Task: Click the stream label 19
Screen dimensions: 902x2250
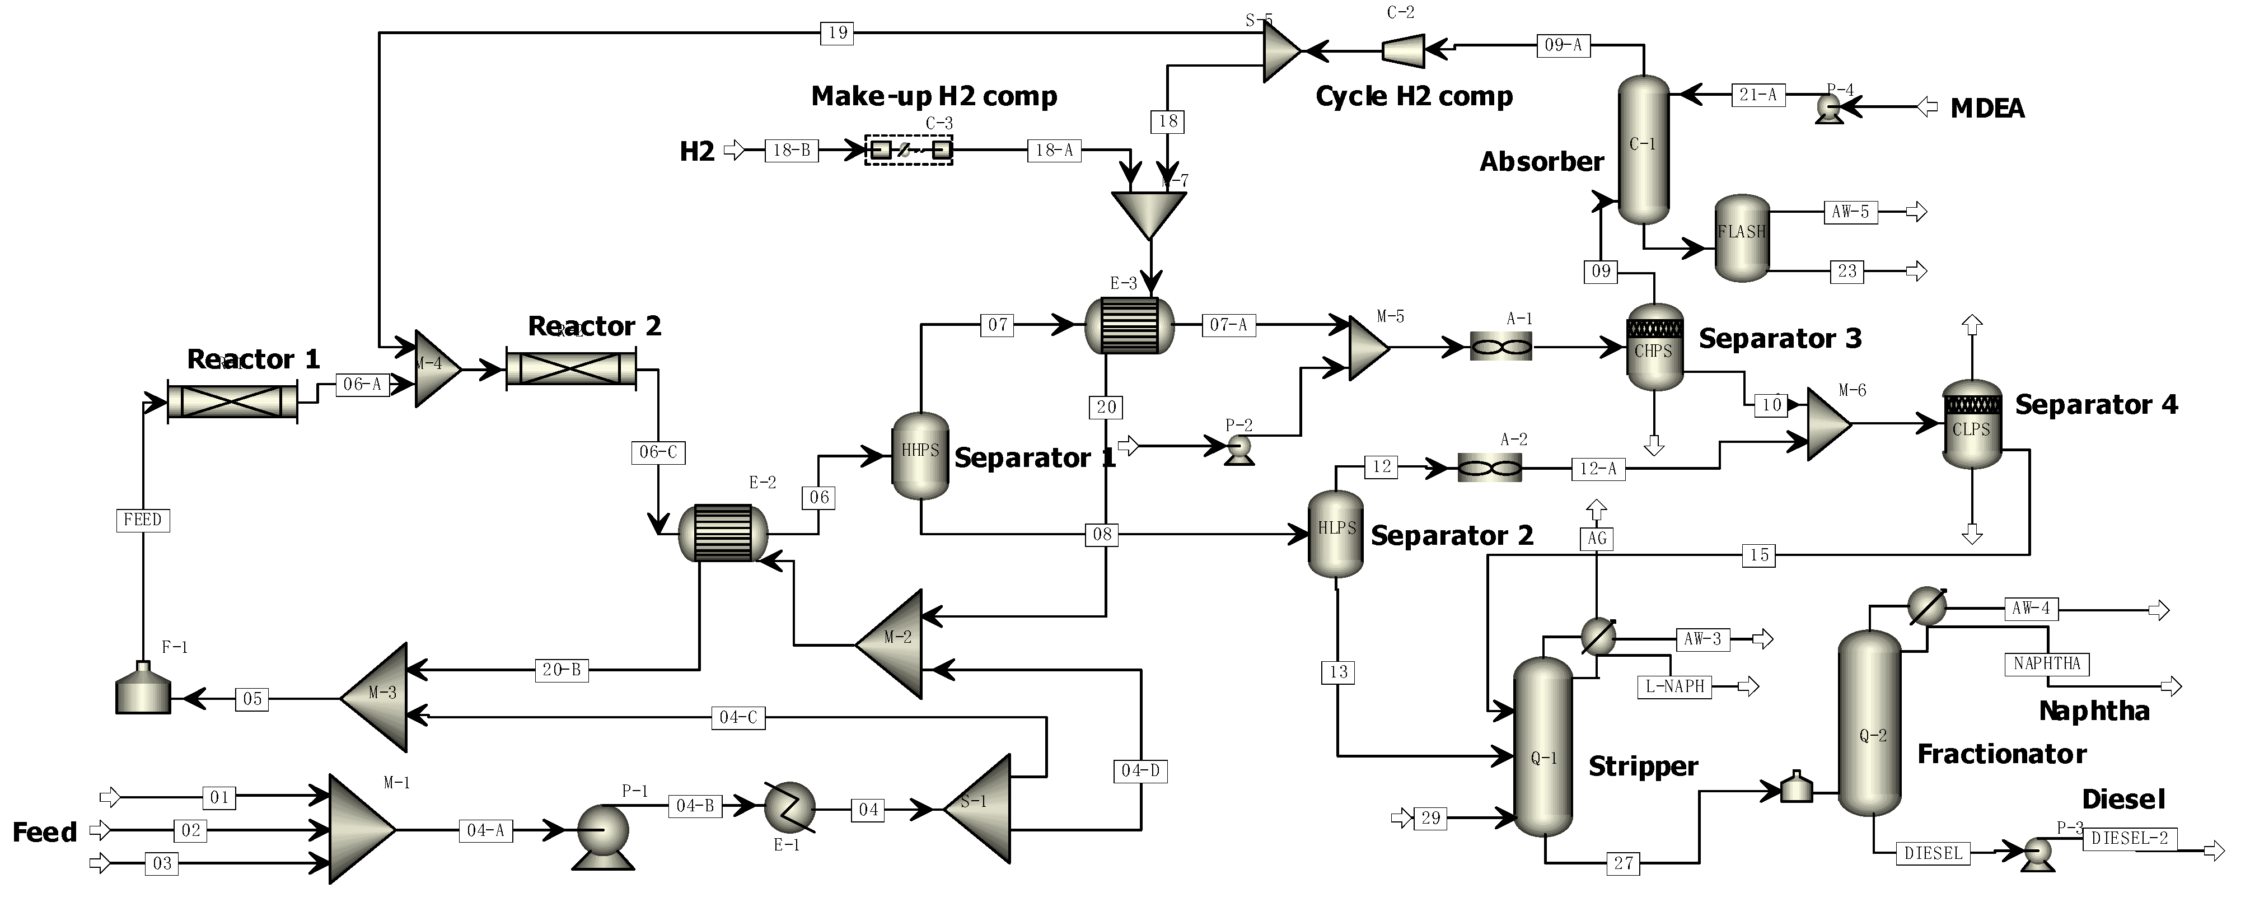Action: pos(837,33)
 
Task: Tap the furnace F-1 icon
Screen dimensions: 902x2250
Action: pos(143,690)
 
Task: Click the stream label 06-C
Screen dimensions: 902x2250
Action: pos(658,452)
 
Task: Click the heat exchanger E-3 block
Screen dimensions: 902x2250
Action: pos(1129,325)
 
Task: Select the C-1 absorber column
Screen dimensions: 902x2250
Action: pos(1643,148)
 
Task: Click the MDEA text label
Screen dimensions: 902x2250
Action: pos(1987,108)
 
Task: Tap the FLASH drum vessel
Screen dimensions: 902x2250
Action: pos(1742,237)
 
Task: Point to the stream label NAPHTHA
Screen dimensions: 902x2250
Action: pos(2046,663)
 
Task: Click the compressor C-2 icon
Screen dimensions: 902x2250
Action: pos(1403,50)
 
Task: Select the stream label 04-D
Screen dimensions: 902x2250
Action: pos(1141,771)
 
